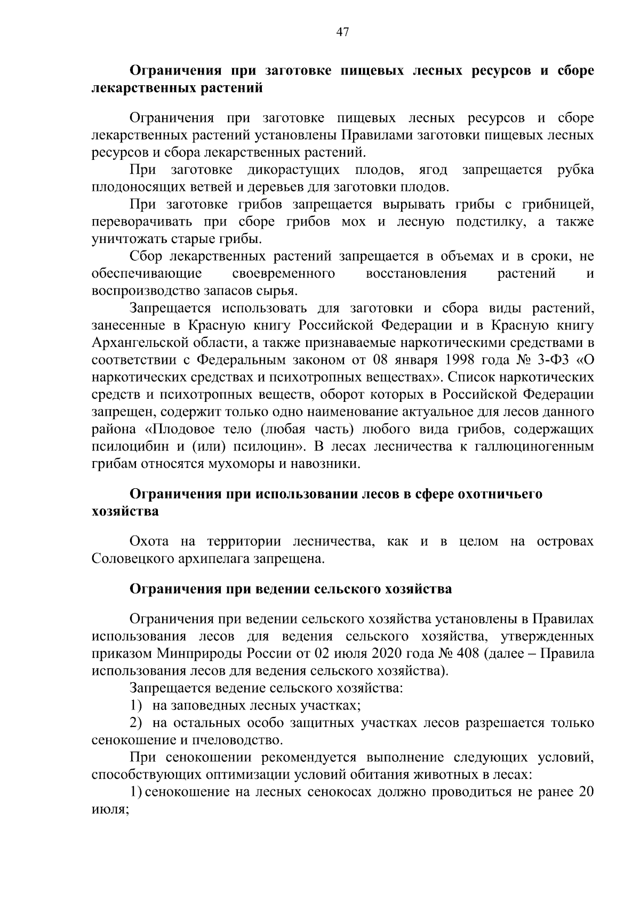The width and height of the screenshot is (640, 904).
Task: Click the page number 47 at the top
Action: click(342, 33)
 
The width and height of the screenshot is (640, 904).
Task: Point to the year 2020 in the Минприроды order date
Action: click(386, 653)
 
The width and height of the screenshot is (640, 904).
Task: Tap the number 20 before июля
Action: click(586, 792)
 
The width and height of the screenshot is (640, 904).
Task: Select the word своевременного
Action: click(284, 274)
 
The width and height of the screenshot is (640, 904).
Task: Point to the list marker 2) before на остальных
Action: click(137, 723)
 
